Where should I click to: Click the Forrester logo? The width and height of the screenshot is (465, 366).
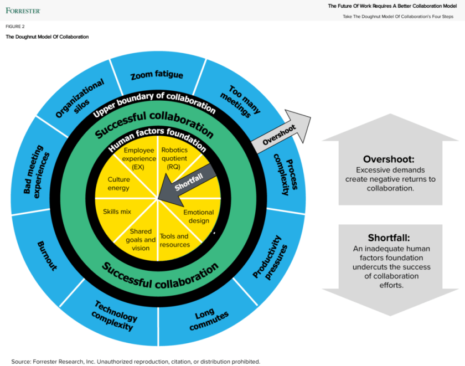click(23, 10)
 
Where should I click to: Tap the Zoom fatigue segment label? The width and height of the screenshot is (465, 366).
click(157, 75)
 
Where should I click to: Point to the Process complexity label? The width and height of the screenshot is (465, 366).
click(282, 174)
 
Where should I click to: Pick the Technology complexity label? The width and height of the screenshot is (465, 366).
click(114, 313)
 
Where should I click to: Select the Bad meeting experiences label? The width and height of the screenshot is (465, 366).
click(37, 174)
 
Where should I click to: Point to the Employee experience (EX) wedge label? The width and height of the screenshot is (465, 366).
click(138, 158)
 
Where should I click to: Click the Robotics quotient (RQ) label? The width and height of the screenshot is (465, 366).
click(174, 158)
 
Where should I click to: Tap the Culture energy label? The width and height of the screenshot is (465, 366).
click(118, 184)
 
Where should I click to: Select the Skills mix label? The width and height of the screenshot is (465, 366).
click(117, 212)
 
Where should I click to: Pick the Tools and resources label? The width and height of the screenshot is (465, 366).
click(174, 240)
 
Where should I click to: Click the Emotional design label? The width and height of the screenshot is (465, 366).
click(195, 216)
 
